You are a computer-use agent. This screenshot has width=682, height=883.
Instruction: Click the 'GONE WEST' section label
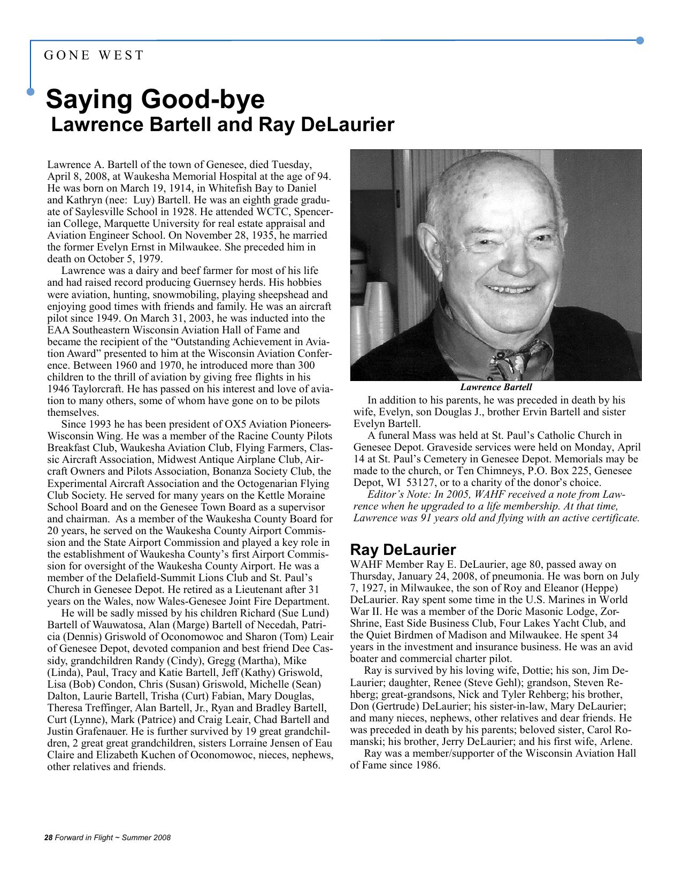click(94, 55)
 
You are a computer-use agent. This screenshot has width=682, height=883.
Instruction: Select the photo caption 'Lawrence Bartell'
click(496, 387)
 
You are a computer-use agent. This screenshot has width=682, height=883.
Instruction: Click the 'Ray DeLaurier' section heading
click(403, 550)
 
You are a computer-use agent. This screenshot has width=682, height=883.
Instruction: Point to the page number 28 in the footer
click(48, 838)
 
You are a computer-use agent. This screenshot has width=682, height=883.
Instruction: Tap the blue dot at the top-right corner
click(640, 41)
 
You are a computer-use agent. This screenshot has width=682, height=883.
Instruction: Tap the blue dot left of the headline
click(30, 92)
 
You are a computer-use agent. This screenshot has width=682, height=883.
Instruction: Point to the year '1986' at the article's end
click(427, 765)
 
